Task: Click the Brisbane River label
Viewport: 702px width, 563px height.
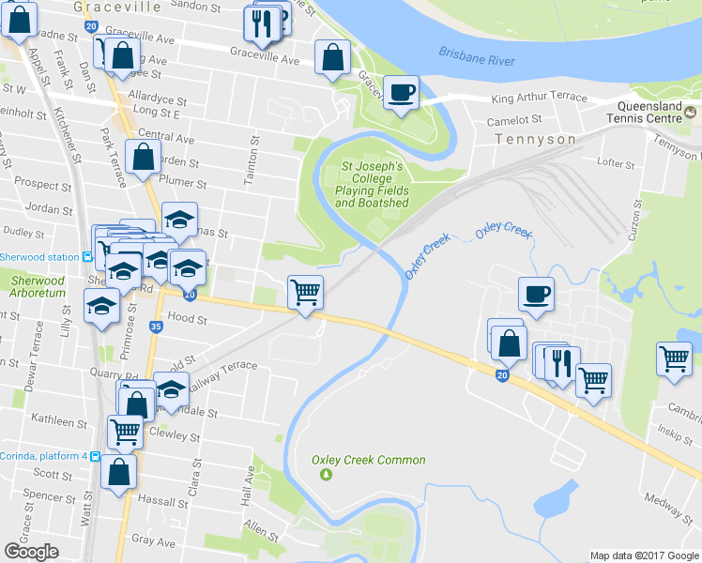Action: click(x=477, y=59)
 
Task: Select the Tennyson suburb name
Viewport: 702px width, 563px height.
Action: click(x=535, y=139)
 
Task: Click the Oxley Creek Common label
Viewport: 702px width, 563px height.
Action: click(x=369, y=460)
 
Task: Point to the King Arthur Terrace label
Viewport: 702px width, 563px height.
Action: click(x=539, y=98)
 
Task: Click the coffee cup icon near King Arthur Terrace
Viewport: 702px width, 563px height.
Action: click(x=401, y=93)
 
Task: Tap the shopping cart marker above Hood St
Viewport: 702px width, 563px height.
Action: click(x=305, y=293)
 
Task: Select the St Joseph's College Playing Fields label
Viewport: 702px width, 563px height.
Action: click(x=372, y=184)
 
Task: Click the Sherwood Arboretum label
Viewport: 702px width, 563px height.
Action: click(x=38, y=286)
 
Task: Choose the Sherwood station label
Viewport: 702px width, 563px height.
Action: click(x=39, y=257)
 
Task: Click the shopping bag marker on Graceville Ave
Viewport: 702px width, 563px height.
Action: click(x=332, y=58)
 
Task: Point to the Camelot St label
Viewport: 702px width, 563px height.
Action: click(x=515, y=120)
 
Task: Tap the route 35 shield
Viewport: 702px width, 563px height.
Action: click(x=156, y=327)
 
